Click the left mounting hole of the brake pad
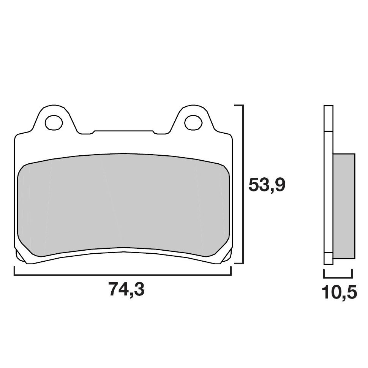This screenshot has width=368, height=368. pos(54,122)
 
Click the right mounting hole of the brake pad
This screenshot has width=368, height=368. pos(194,122)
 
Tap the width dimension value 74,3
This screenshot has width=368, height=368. pos(126,290)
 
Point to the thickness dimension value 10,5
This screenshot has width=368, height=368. pos(339,293)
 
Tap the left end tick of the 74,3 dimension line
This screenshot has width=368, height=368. pos(14,271)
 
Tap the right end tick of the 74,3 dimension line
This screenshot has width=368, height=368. pos(231,271)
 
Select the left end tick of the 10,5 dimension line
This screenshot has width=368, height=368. pos(324,273)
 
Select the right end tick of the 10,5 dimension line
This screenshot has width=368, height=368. pos(352,273)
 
